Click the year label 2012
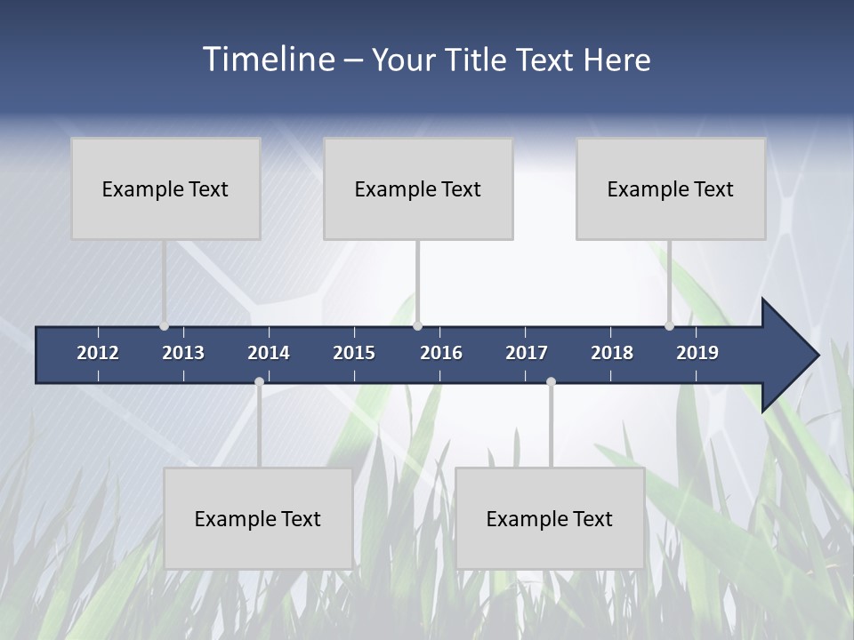coord(98,353)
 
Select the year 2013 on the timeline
coord(183,353)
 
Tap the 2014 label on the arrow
coord(269,353)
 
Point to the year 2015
coord(354,353)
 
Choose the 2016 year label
coord(441,353)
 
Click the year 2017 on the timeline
coord(527,353)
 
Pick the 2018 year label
coord(612,353)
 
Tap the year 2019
coord(697,353)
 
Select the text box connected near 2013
coord(165,188)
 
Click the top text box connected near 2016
coord(418,188)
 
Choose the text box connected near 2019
coord(671,188)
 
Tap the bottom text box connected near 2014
coord(258,518)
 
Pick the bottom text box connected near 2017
coord(550,518)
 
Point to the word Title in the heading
coord(478,60)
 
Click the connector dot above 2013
coord(164,325)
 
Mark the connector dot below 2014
coord(259,381)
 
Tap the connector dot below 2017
coord(551,381)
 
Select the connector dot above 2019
coord(670,325)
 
